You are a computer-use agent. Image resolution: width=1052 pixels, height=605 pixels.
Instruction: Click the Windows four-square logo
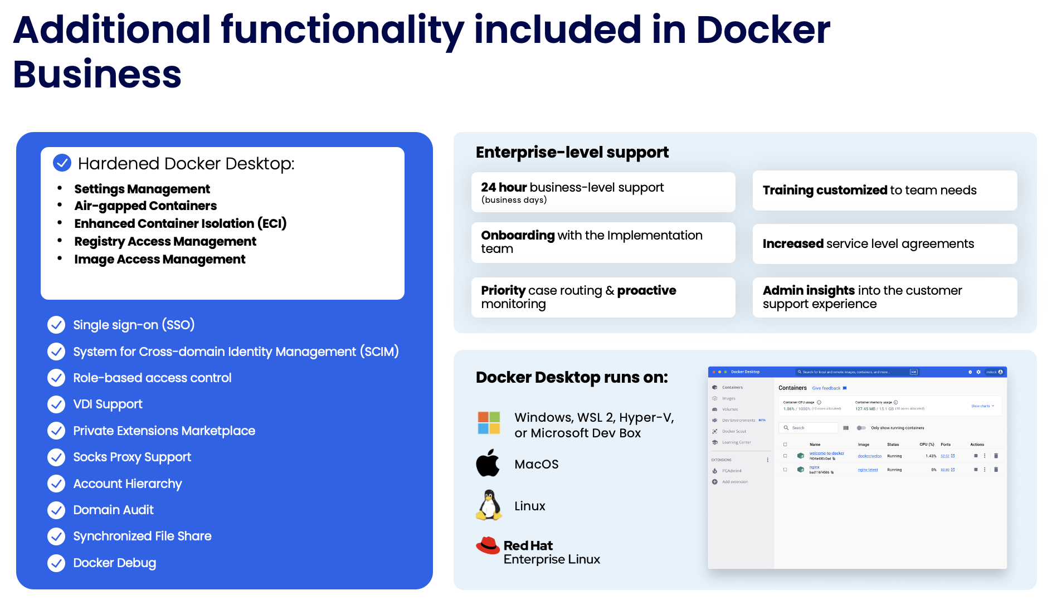pyautogui.click(x=489, y=423)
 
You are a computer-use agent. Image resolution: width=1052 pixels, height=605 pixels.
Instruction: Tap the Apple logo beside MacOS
pyautogui.click(x=488, y=463)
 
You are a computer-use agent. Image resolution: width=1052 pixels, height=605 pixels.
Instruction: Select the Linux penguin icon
pyautogui.click(x=489, y=505)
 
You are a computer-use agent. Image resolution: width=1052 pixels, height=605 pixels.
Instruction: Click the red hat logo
pyautogui.click(x=488, y=545)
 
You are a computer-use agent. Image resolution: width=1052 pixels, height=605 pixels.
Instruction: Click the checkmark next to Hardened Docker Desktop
pyautogui.click(x=62, y=163)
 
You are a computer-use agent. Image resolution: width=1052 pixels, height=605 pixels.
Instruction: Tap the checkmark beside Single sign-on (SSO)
pyautogui.click(x=56, y=325)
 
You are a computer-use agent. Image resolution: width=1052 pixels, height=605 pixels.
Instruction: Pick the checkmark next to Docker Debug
pyautogui.click(x=56, y=563)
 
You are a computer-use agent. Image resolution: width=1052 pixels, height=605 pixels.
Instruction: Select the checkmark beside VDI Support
pyautogui.click(x=56, y=404)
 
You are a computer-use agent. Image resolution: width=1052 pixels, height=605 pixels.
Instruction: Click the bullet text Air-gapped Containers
pyautogui.click(x=145, y=206)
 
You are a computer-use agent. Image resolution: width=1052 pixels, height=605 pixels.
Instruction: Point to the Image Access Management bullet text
pyautogui.click(x=159, y=259)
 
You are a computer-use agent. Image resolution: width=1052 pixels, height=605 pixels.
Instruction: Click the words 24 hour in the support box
pyautogui.click(x=504, y=187)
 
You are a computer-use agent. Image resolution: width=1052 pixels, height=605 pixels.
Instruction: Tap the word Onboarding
pyautogui.click(x=518, y=235)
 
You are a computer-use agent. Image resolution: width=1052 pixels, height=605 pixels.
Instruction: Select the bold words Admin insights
pyautogui.click(x=809, y=290)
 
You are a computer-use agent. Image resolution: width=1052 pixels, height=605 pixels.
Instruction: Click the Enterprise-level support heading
pyautogui.click(x=572, y=152)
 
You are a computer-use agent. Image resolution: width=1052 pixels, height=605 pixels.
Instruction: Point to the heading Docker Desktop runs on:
pyautogui.click(x=572, y=377)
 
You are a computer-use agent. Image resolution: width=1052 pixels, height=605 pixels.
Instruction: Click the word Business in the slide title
pyautogui.click(x=97, y=75)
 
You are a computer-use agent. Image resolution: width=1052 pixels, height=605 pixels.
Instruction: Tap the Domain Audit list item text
pyautogui.click(x=113, y=510)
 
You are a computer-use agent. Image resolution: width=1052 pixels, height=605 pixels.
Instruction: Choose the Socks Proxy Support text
pyautogui.click(x=132, y=457)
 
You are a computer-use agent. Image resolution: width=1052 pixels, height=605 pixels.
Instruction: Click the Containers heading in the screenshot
pyautogui.click(x=792, y=388)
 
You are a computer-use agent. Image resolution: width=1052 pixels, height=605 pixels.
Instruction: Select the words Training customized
pyautogui.click(x=825, y=190)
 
